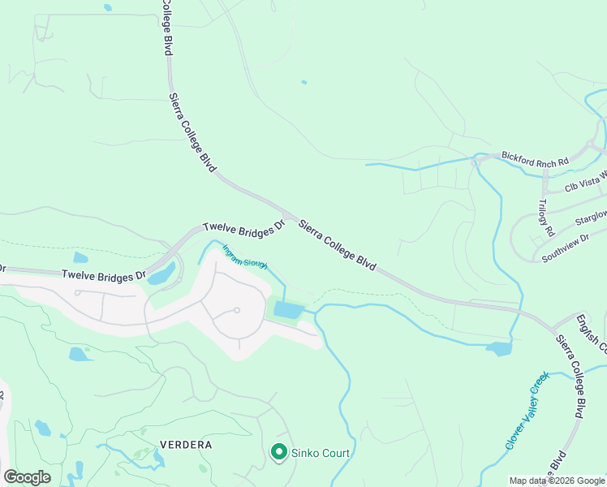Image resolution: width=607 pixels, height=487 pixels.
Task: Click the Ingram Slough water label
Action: click(245, 258)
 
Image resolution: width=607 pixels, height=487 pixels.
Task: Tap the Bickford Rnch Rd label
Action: click(535, 158)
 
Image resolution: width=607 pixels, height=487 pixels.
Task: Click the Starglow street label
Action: click(590, 218)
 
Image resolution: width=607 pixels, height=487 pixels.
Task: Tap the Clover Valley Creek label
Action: click(527, 411)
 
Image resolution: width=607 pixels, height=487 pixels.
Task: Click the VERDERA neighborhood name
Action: click(186, 445)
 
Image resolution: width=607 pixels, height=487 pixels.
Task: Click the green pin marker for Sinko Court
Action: click(278, 451)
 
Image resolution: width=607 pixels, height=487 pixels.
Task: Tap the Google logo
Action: click(27, 477)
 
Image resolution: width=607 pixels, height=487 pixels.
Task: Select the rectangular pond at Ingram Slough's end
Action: click(288, 310)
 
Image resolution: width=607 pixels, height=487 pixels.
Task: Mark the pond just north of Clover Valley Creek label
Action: click(498, 349)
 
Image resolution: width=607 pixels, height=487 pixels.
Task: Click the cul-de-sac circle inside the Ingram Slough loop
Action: click(237, 310)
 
